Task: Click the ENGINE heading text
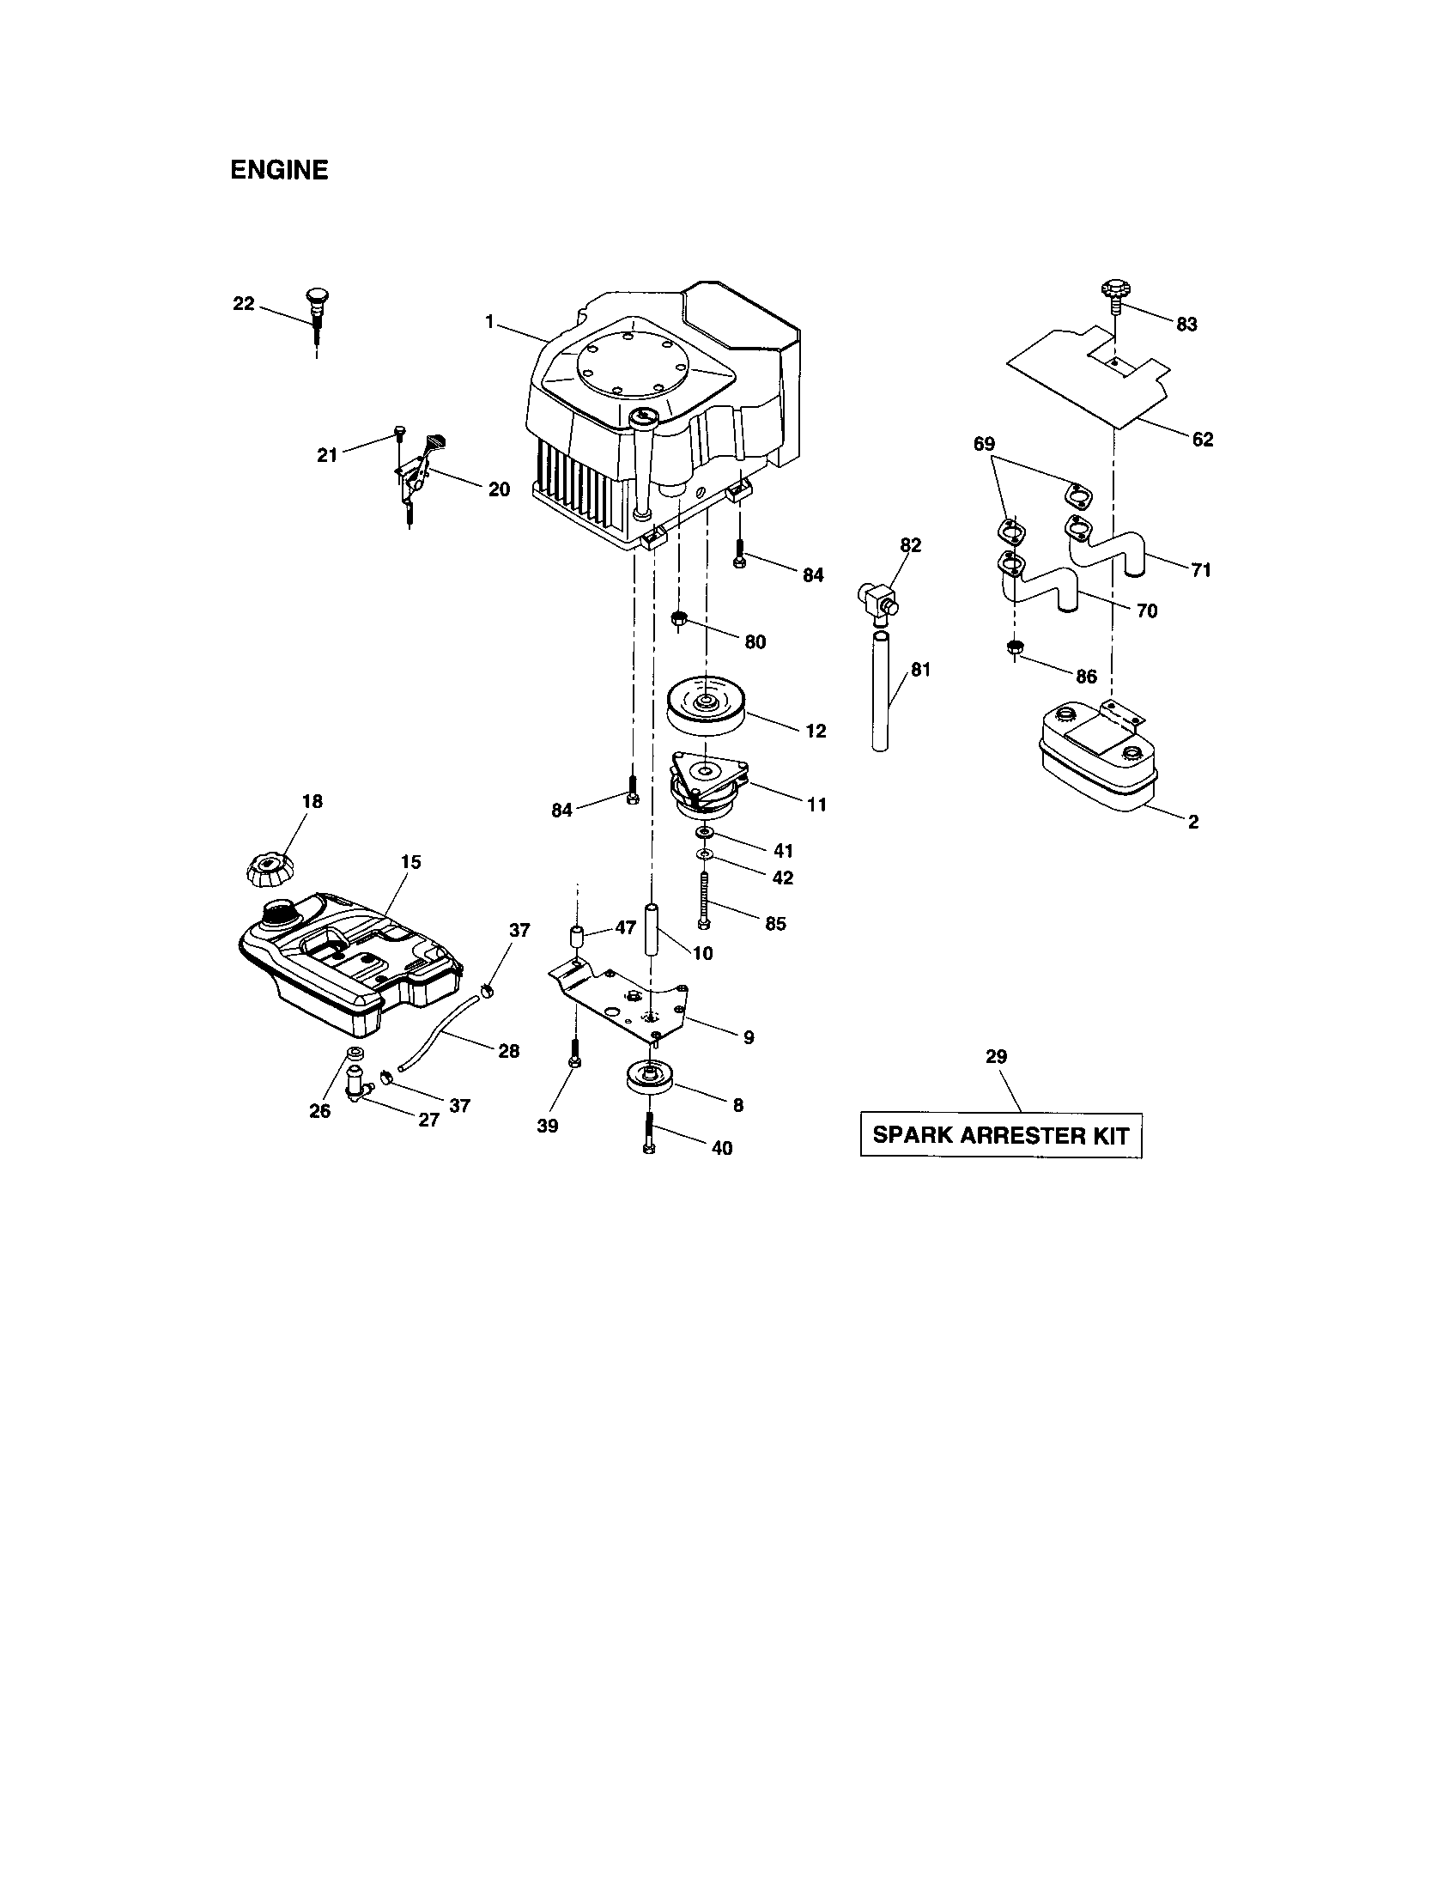278,170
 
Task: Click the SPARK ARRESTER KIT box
1000,1135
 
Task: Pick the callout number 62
1202,440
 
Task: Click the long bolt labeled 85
704,900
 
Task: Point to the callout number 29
996,1056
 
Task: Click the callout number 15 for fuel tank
410,862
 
